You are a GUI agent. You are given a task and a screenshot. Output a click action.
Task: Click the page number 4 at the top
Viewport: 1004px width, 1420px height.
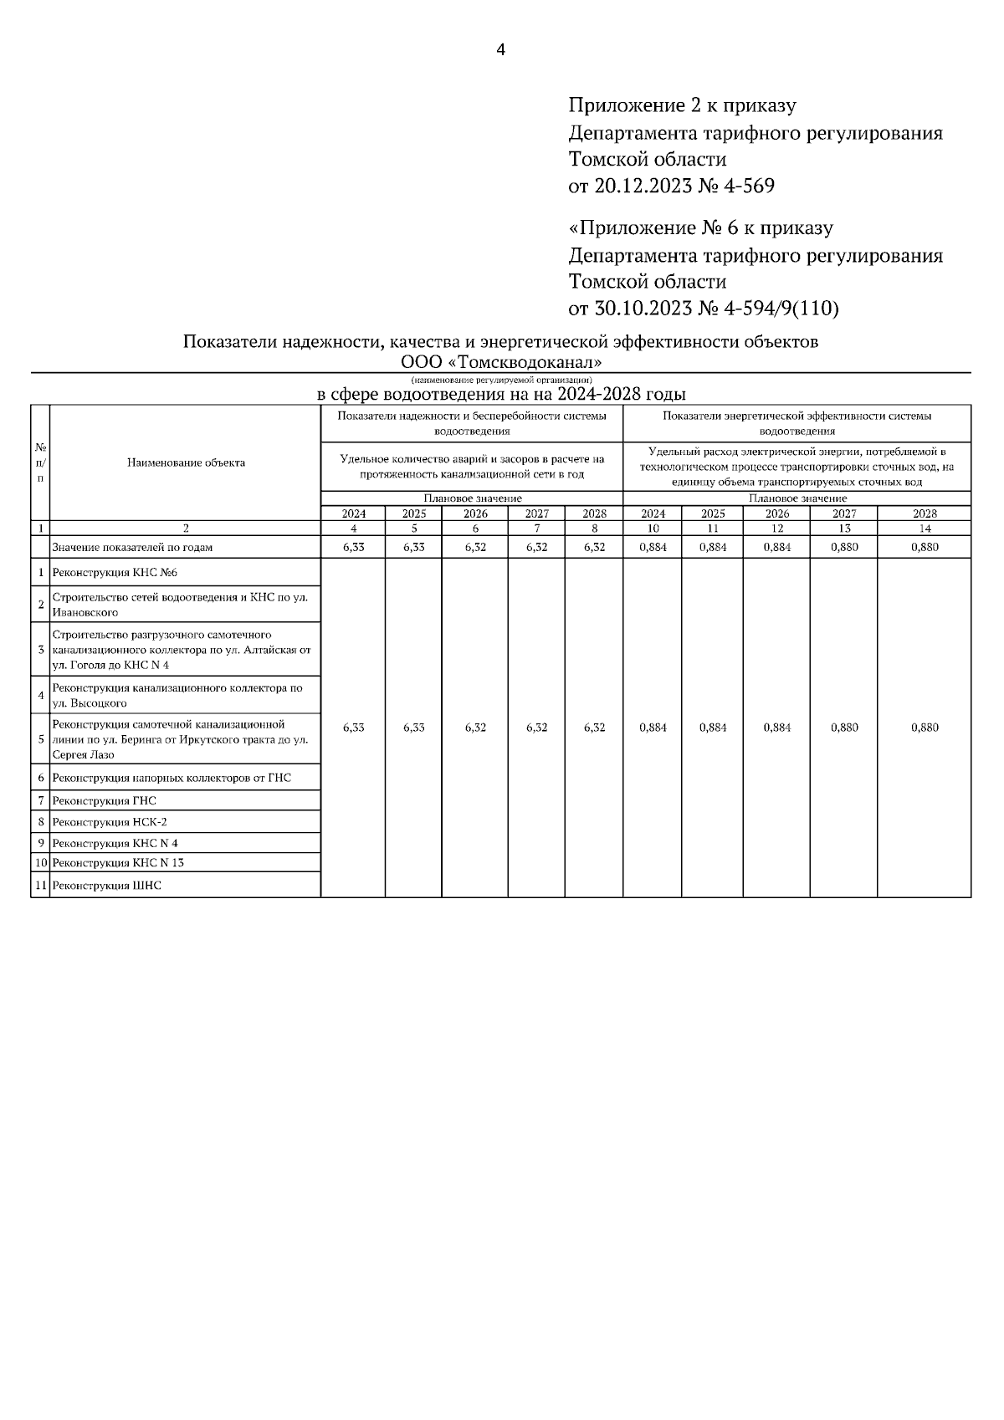[500, 50]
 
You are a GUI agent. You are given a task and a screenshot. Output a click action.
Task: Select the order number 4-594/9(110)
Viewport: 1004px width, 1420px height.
[779, 309]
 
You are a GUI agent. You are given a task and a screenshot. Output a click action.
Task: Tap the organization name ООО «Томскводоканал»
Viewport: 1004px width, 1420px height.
[501, 363]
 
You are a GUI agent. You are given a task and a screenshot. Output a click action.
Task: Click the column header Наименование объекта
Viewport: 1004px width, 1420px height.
[186, 462]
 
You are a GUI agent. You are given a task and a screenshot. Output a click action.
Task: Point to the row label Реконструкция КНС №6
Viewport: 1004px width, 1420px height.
[115, 573]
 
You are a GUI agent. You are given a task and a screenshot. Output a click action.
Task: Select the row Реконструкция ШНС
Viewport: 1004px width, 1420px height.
[106, 885]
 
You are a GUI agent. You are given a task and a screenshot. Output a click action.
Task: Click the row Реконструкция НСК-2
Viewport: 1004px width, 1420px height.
[110, 822]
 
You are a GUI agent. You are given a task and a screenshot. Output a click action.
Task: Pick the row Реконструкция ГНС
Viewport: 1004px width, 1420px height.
[104, 800]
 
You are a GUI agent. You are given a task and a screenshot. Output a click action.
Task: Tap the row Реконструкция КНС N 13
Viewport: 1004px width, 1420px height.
[118, 862]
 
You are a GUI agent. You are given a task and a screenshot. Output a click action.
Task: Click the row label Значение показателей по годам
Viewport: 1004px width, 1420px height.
[132, 547]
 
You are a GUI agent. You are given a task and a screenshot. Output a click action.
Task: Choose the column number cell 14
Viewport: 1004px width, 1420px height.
[924, 529]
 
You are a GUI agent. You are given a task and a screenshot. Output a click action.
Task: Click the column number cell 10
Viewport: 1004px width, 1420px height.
[653, 529]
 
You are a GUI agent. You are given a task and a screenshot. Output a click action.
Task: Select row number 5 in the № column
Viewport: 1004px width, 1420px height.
[40, 739]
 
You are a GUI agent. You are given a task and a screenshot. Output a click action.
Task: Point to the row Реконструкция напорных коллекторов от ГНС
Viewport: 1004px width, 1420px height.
[172, 778]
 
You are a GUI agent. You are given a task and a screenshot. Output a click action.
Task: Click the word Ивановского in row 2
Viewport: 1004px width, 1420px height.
[85, 612]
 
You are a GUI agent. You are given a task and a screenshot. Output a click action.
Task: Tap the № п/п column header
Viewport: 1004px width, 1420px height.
[40, 462]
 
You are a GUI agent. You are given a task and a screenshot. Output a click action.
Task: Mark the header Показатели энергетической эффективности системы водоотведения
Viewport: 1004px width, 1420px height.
[797, 423]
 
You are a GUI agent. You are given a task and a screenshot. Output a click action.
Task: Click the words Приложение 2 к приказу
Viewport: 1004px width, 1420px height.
[682, 106]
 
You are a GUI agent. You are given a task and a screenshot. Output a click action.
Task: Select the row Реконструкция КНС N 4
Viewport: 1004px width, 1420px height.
[115, 843]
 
